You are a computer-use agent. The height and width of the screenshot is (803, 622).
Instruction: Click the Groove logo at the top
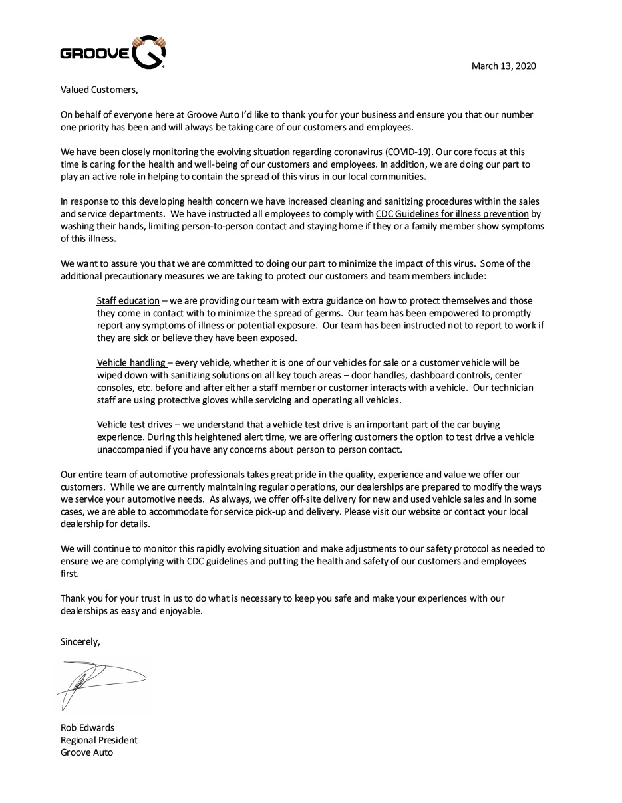[x=112, y=53]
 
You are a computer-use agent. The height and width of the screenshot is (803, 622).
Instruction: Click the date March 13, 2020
[x=504, y=66]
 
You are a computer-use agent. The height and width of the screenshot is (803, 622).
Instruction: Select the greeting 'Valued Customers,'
[x=99, y=90]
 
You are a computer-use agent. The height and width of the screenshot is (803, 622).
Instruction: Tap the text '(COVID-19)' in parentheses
[x=408, y=152]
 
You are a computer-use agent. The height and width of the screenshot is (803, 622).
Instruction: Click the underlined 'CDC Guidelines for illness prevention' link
[x=452, y=214]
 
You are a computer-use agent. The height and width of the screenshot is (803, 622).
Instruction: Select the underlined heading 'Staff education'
[x=128, y=300]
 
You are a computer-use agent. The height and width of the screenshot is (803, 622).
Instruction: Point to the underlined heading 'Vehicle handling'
[x=132, y=362]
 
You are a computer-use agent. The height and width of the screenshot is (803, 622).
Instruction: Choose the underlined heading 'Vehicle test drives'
[x=135, y=424]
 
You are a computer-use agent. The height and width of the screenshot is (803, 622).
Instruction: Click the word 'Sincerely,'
[x=80, y=641]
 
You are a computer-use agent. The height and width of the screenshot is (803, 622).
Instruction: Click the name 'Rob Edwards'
[x=87, y=727]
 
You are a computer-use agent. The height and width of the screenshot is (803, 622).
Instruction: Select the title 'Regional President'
[x=99, y=740]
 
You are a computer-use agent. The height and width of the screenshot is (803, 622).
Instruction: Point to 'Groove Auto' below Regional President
[x=86, y=752]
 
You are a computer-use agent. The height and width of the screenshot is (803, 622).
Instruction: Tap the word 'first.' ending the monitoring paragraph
[x=69, y=573]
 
